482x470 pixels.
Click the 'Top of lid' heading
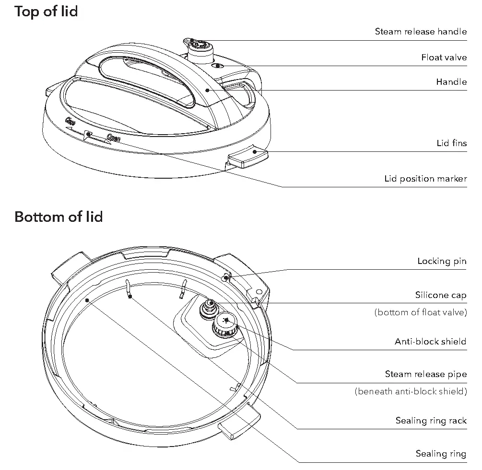(x=46, y=11)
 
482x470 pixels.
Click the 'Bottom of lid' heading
(x=59, y=217)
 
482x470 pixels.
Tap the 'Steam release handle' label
(x=420, y=32)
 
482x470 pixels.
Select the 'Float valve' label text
(x=444, y=57)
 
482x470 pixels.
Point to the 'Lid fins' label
(x=451, y=143)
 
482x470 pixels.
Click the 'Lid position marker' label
(x=425, y=179)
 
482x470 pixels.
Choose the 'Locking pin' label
(x=441, y=261)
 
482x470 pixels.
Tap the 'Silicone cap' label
(x=440, y=295)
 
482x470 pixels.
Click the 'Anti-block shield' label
(x=430, y=342)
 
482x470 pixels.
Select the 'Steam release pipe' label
(x=425, y=374)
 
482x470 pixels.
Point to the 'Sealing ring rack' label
(x=431, y=420)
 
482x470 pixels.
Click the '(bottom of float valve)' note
(x=420, y=312)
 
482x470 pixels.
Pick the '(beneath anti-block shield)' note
(x=411, y=391)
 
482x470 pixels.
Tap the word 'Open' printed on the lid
(x=113, y=138)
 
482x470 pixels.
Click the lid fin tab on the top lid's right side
(x=247, y=157)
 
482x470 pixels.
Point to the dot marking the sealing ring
(x=87, y=300)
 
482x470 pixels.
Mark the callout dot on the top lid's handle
(x=207, y=90)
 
